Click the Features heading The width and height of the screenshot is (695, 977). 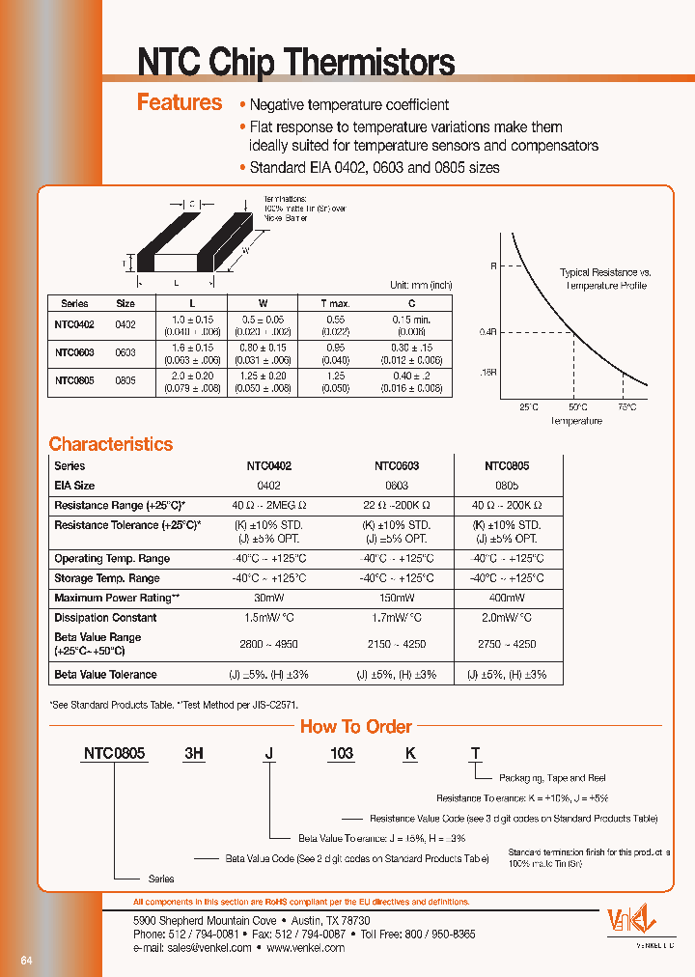[180, 102]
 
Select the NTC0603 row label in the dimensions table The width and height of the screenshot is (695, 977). [74, 352]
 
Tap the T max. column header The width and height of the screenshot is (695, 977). [335, 302]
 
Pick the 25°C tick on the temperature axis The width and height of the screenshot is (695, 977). [529, 407]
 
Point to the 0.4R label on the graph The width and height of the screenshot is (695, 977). [486, 331]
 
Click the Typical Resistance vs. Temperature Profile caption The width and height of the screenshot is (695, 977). [605, 279]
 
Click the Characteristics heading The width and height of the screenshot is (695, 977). [111, 444]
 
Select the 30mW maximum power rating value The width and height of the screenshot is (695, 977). [268, 599]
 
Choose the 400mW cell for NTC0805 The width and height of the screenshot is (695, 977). [506, 599]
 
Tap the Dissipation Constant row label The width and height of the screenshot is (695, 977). [105, 617]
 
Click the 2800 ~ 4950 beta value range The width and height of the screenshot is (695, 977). [268, 644]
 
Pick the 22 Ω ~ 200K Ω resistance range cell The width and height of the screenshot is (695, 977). [397, 505]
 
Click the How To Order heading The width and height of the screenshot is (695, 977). [355, 727]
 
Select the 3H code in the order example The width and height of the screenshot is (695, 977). [194, 753]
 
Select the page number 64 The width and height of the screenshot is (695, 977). [27, 961]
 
